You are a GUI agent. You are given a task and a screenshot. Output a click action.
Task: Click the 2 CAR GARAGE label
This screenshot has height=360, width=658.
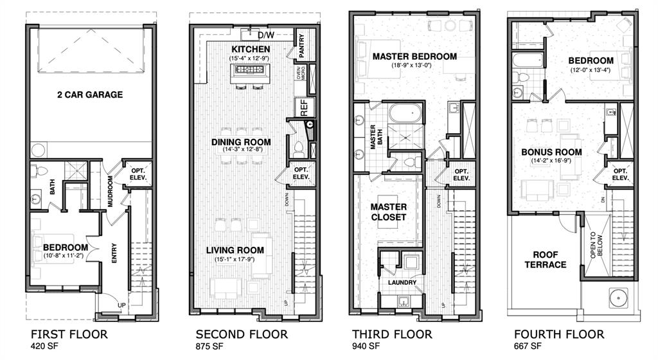pos(89,95)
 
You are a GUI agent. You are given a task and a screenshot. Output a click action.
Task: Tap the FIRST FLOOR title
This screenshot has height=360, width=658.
pos(69,334)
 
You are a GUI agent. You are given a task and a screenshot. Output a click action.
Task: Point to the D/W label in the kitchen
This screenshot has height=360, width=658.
pos(264,35)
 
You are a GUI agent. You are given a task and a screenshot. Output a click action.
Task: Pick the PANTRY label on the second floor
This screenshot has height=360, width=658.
pos(301,45)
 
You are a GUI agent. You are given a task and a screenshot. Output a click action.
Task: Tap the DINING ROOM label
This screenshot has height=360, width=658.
pos(241,142)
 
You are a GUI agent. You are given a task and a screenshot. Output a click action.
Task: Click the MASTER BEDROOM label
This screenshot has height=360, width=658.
pos(414,57)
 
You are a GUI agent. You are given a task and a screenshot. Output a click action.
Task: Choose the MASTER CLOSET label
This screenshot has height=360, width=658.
pos(388,212)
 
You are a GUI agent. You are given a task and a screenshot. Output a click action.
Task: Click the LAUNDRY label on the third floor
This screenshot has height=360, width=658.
pos(402,283)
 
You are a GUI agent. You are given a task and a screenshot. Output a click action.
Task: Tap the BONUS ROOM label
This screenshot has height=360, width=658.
pos(551,152)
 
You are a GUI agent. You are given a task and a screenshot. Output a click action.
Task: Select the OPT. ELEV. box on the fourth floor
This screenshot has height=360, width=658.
pos(619,174)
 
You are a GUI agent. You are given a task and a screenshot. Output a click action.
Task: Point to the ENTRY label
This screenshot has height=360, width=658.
pos(114,257)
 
